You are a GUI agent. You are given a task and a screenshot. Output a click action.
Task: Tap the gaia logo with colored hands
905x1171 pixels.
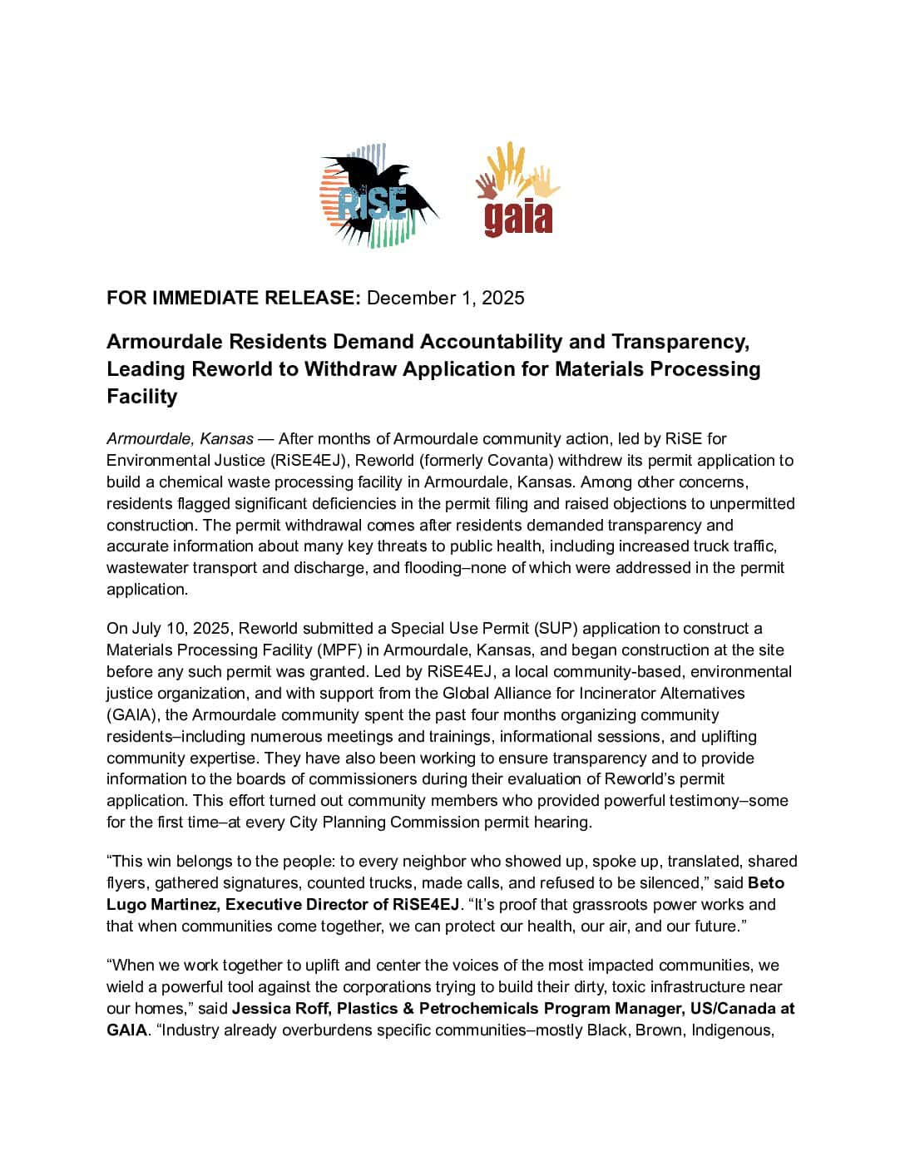point(517,191)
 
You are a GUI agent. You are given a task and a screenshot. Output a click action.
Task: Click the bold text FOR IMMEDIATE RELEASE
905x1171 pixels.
point(233,298)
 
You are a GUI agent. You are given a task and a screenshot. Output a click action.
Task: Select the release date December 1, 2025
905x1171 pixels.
point(445,298)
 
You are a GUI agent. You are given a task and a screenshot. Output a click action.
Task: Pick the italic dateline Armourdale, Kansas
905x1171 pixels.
point(180,438)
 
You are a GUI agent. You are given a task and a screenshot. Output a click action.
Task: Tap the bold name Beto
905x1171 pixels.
point(766,882)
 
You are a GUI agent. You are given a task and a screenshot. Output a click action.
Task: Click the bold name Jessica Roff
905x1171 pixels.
point(272,1009)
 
